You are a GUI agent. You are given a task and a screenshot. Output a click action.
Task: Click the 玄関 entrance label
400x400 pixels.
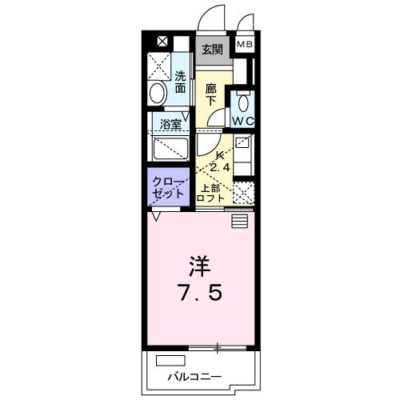pos(212,49)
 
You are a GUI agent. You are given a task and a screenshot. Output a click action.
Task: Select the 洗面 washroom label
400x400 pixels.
pos(181,82)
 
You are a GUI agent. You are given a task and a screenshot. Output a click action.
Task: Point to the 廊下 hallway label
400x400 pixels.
pos(211,94)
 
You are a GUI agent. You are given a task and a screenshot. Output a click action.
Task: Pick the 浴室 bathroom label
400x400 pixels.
pos(170,125)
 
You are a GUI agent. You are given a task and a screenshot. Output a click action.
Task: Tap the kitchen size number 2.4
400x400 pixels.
pos(221,167)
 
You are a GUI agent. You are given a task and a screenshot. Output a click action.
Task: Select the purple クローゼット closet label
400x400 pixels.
pos(169,188)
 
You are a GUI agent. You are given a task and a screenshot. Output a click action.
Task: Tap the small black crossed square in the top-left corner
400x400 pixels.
pos(162,42)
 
